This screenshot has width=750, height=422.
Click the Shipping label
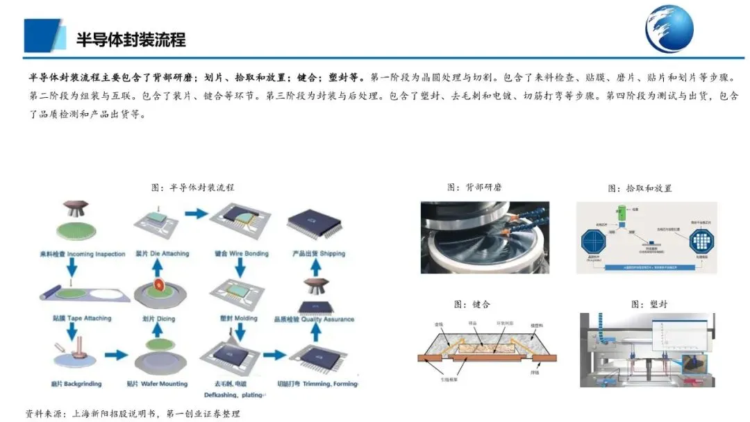pos(320,254)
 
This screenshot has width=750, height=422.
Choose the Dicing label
pos(160,319)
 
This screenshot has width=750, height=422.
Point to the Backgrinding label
pos(73,382)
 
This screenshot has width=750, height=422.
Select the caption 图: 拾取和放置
pos(640,188)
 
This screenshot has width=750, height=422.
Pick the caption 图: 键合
pos(473,303)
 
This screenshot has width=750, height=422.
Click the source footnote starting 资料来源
pos(132,413)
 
